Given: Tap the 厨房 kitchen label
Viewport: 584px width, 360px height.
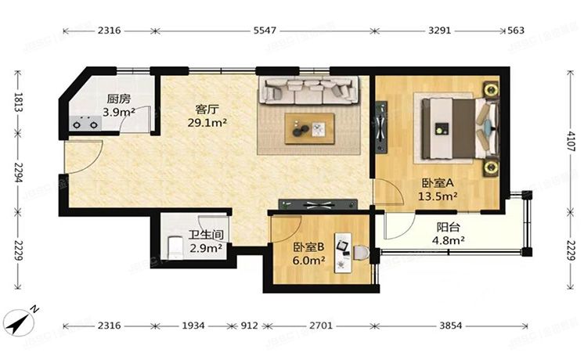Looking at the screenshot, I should pyautogui.click(x=118, y=99).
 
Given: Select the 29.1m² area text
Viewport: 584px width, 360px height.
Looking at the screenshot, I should pyautogui.click(x=207, y=123).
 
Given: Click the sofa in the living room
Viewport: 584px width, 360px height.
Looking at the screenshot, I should pyautogui.click(x=310, y=90).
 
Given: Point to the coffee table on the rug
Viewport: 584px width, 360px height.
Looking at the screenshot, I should pyautogui.click(x=309, y=128).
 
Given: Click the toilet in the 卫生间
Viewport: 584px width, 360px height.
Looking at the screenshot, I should pyautogui.click(x=175, y=248).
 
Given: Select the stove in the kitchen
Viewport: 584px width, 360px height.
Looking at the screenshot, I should pyautogui.click(x=83, y=123).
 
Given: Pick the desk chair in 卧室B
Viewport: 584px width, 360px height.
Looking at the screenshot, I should pyautogui.click(x=359, y=254).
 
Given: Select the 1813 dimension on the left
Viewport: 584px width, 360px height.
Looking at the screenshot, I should pyautogui.click(x=15, y=103).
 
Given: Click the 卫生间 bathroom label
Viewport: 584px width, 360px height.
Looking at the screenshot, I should pyautogui.click(x=207, y=234).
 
